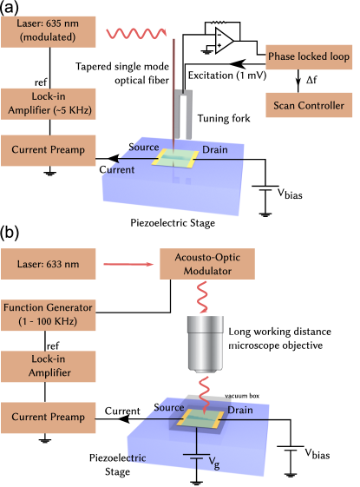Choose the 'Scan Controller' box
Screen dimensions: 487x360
pyautogui.click(x=310, y=106)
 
